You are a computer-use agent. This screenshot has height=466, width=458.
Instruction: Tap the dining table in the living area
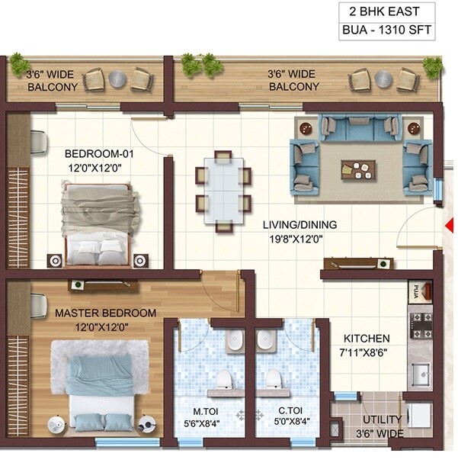pyautogui.click(x=223, y=191)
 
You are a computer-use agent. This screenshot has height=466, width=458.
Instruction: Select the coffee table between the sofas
pyautogui.click(x=357, y=169)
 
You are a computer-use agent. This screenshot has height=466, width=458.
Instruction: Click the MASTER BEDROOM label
pyautogui.click(x=105, y=313)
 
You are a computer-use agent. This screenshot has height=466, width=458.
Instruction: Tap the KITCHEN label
pyautogui.click(x=366, y=339)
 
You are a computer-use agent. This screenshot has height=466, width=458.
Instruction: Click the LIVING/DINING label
pyautogui.click(x=299, y=225)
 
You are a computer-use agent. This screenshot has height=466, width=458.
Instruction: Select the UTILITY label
pyautogui.click(x=382, y=420)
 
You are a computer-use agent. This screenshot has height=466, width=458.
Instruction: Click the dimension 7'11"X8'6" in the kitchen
pyautogui.click(x=366, y=352)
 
